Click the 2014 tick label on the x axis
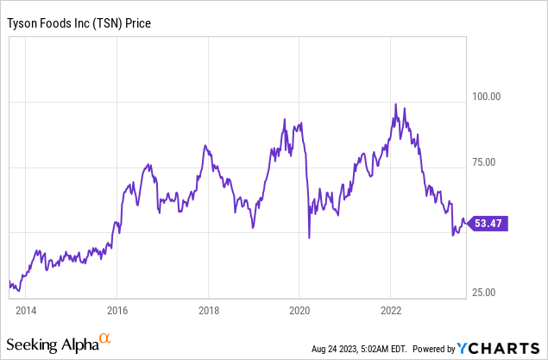pos(26,309)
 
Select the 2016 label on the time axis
pos(117,309)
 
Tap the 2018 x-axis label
pos(208,309)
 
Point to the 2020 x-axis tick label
pos(299,309)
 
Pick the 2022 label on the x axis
pos(390,309)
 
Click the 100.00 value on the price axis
pos(484,96)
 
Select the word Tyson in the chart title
pos(22,23)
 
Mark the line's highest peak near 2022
pos(394,104)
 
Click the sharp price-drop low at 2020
pos(308,237)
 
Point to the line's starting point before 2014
pos(9,282)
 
